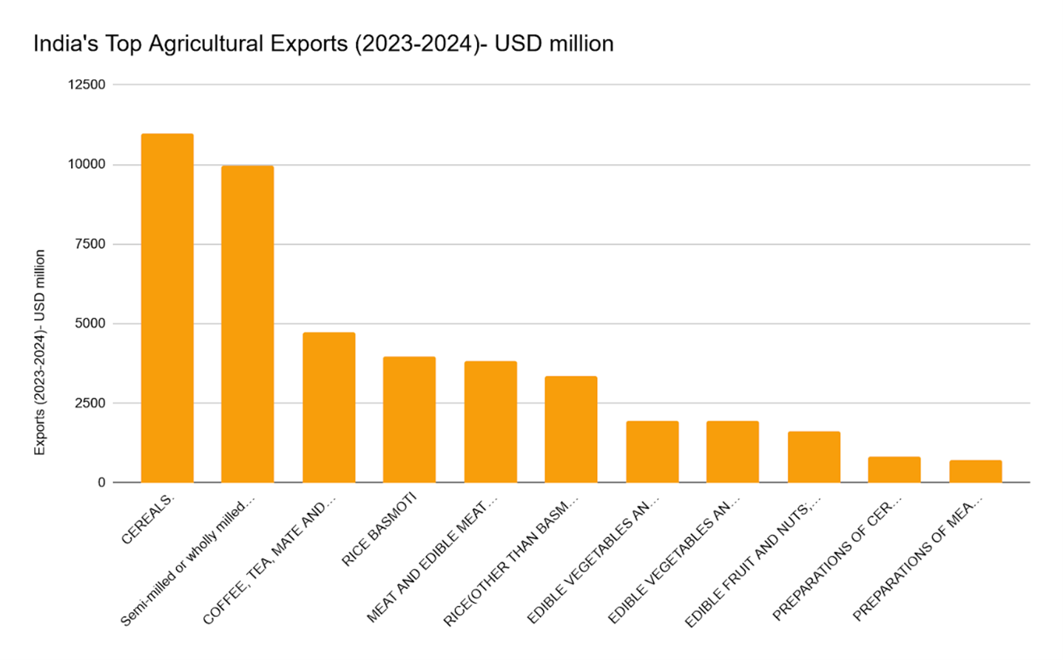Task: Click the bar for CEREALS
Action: [167, 308]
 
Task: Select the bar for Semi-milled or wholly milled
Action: [248, 324]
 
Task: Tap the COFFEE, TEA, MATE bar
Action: [329, 408]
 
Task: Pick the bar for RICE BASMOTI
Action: [409, 420]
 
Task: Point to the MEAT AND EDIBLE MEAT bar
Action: [490, 422]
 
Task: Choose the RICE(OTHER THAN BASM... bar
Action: [571, 429]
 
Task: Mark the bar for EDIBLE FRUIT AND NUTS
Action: [814, 457]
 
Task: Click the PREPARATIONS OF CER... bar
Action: [894, 470]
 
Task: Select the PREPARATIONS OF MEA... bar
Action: [976, 471]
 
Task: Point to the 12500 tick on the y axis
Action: [87, 84]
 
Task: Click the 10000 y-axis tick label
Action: [87, 164]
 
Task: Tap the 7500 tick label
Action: [90, 243]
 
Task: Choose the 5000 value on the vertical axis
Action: [90, 323]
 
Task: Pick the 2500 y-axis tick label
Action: [90, 403]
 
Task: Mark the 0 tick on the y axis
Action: [101, 482]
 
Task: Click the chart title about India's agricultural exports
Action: [323, 44]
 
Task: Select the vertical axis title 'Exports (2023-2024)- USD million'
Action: [40, 352]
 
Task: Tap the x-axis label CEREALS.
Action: [148, 519]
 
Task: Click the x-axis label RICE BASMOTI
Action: [379, 530]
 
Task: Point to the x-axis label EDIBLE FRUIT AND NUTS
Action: [752, 562]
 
